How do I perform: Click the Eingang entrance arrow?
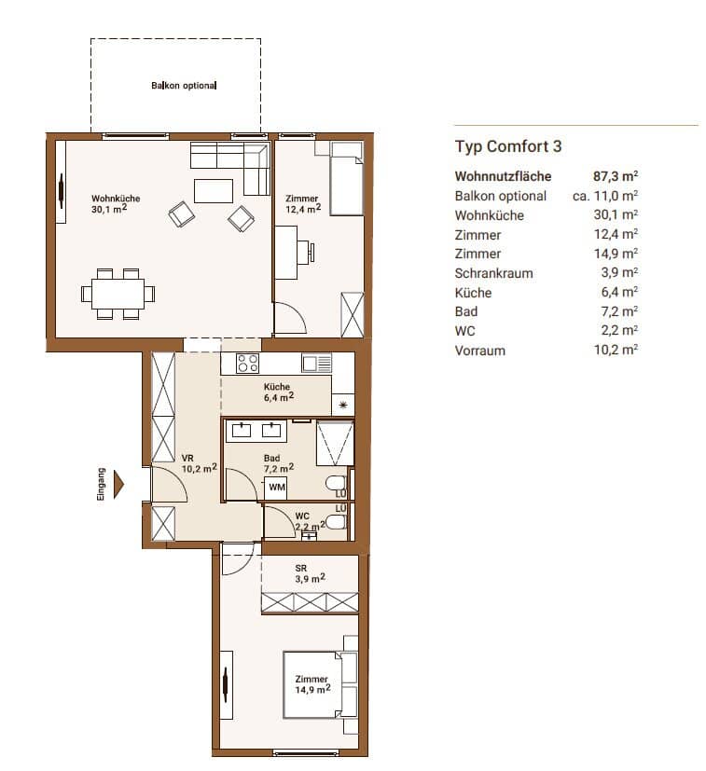118,485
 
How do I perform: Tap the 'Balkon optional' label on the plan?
184,86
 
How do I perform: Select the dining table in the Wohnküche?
118,294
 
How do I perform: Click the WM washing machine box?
277,488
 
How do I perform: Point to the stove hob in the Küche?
247,364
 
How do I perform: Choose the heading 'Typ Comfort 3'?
508,146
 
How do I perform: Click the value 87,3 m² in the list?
616,176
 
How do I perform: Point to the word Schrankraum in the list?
495,273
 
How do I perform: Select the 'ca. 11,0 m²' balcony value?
605,196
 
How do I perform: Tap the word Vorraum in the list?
480,351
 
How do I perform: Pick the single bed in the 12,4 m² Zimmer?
347,179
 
